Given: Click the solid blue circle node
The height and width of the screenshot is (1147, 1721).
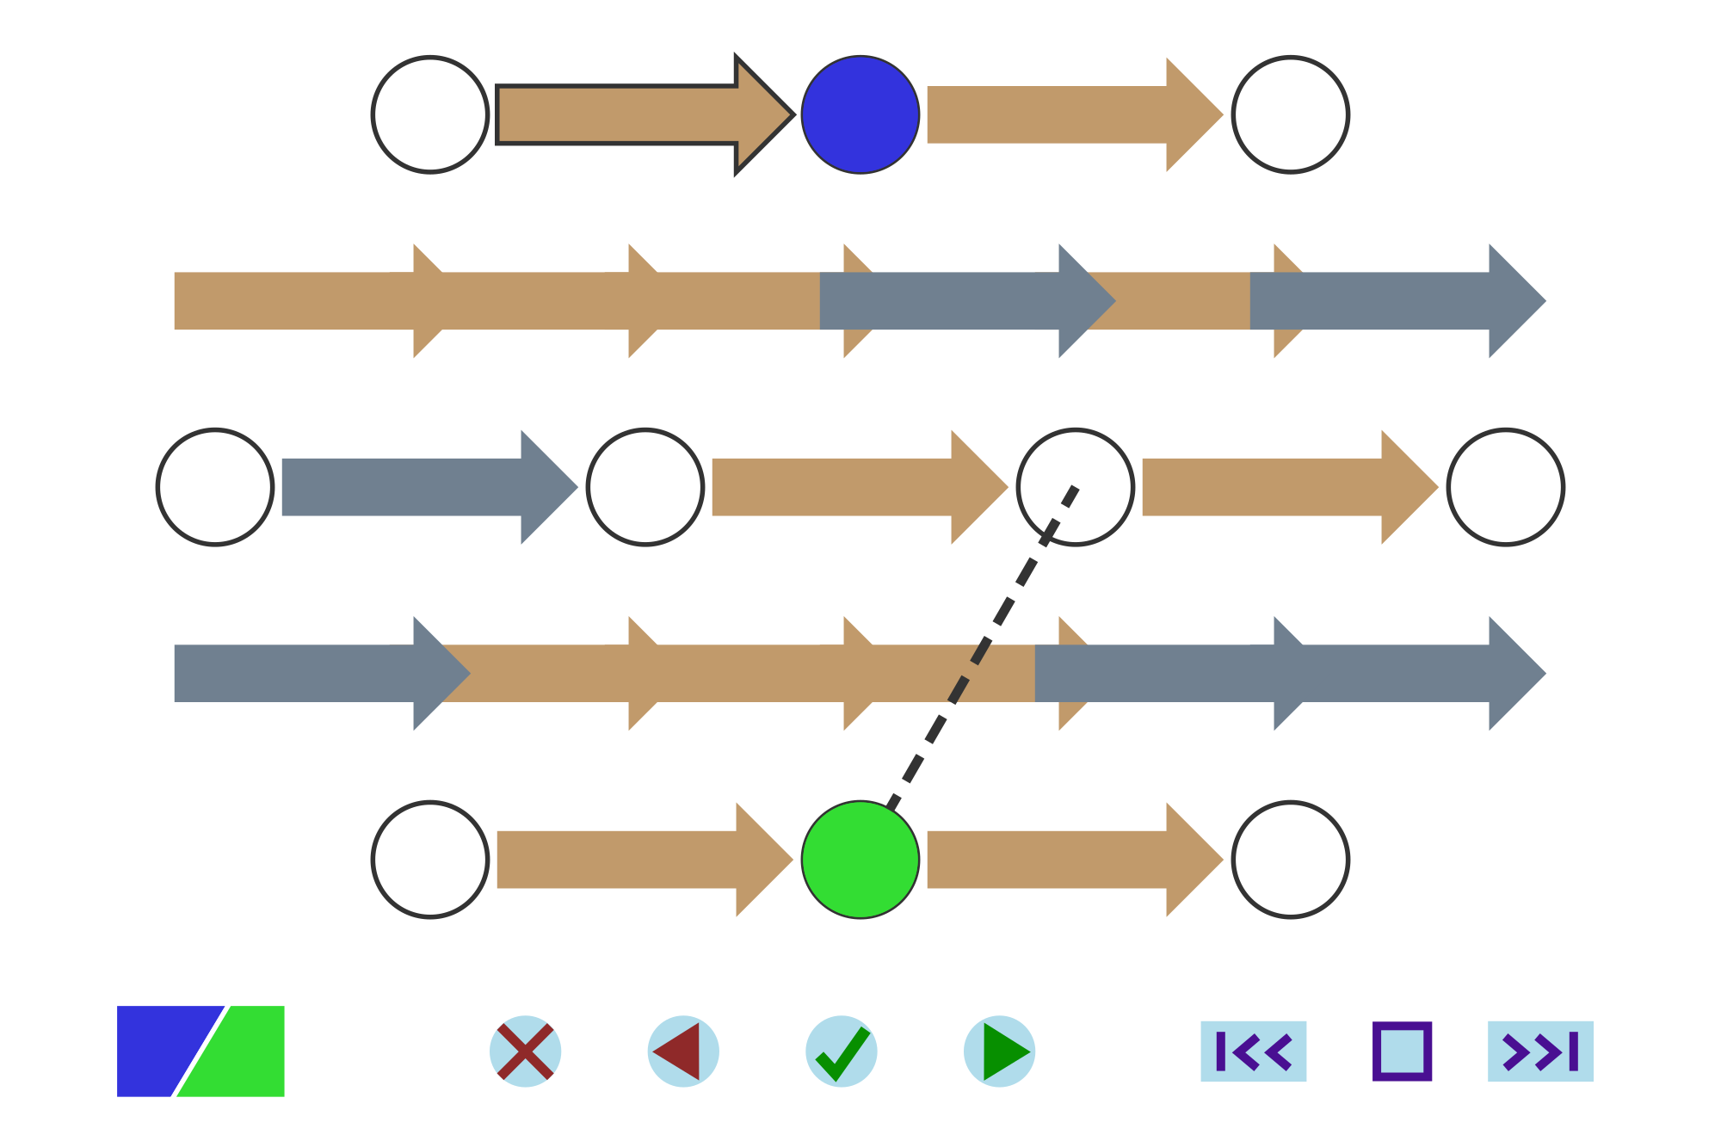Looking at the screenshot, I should coord(860,114).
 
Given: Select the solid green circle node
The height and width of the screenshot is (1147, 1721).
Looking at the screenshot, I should coord(860,860).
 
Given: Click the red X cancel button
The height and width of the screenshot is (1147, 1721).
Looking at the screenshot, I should coord(525,1051).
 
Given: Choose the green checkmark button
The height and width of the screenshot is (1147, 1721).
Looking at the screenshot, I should coord(842,1051).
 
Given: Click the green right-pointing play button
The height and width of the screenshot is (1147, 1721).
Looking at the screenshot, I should coord(1000,1051).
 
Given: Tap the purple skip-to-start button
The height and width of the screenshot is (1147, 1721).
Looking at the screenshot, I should coord(1253,1051).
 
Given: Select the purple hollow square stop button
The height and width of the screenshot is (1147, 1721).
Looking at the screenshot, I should coord(1403,1051).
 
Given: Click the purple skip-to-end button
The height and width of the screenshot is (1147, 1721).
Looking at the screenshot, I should coord(1540,1051).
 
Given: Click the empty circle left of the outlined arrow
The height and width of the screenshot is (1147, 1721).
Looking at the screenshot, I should coord(430,114).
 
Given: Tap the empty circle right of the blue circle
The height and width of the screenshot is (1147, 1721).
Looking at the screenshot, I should coord(1291,114).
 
